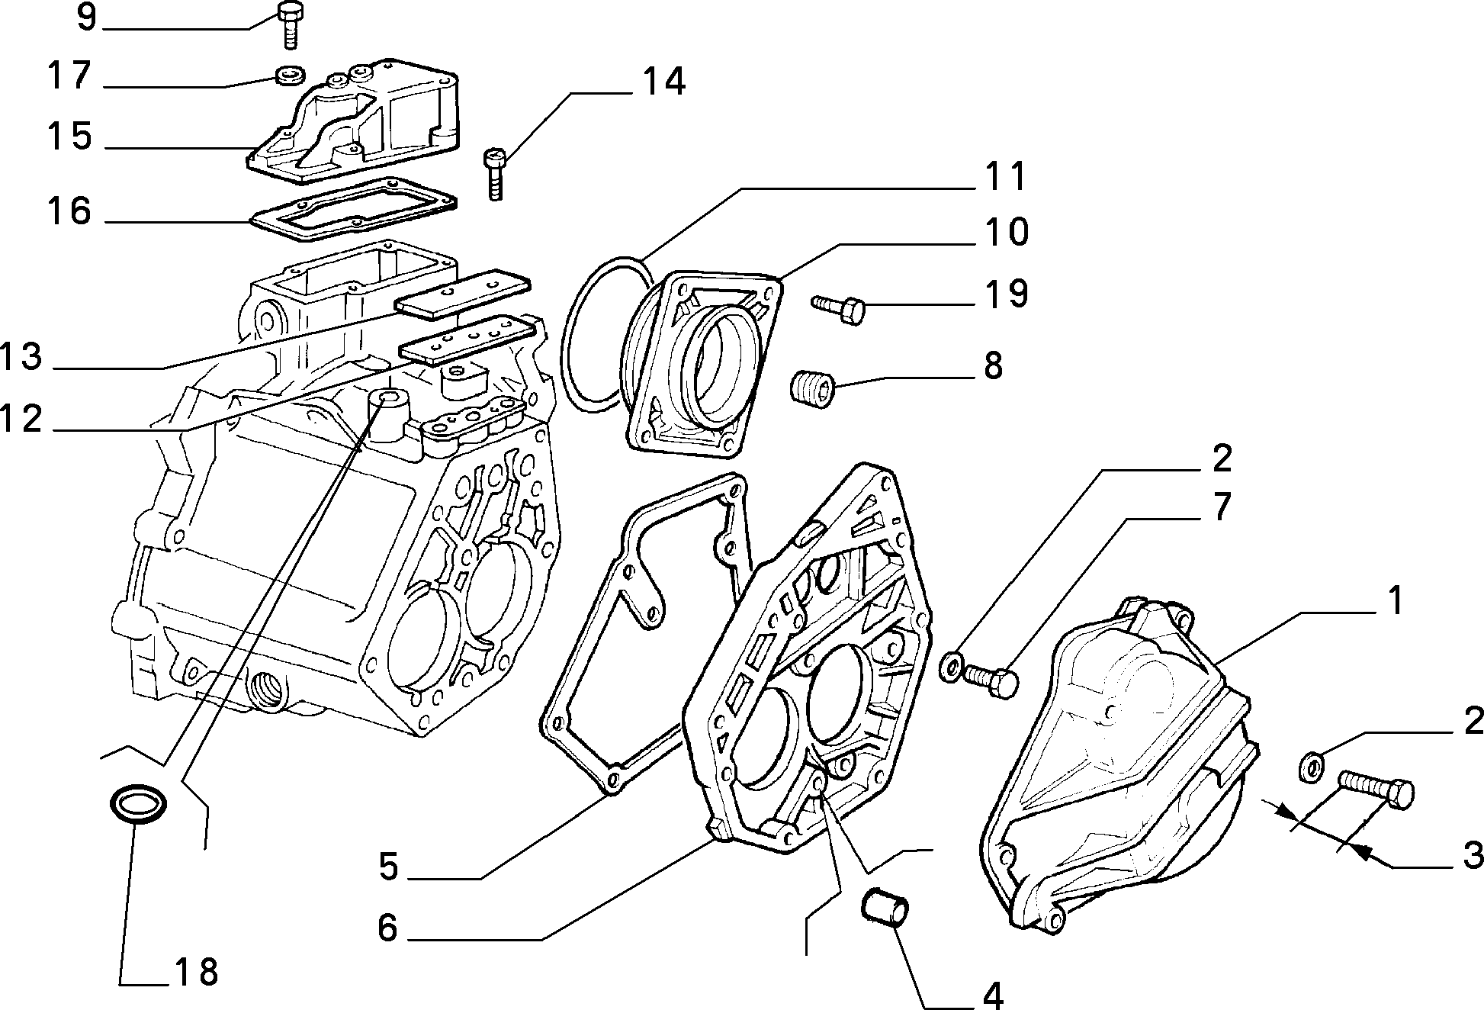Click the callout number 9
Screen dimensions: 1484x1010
pyautogui.click(x=87, y=16)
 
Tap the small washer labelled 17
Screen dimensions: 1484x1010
pyautogui.click(x=290, y=75)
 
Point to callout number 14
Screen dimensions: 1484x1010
pyautogui.click(x=663, y=82)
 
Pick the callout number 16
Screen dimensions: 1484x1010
pyautogui.click(x=69, y=211)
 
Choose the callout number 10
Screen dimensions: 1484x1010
pyautogui.click(x=1005, y=232)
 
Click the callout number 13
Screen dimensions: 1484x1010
pyautogui.click(x=21, y=357)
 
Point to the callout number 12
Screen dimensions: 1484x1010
pyautogui.click(x=21, y=419)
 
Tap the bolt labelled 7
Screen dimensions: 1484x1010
pyautogui.click(x=991, y=679)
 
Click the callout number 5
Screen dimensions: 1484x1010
pyautogui.click(x=389, y=867)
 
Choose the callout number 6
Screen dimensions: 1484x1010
pyautogui.click(x=387, y=928)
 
